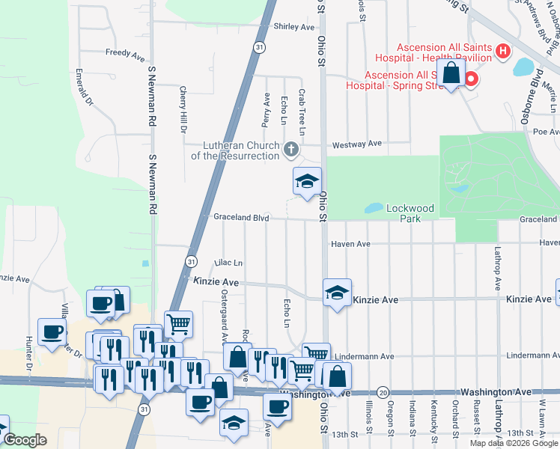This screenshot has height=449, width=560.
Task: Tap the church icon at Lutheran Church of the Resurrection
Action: click(x=291, y=150)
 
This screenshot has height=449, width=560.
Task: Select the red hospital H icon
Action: click(x=503, y=52)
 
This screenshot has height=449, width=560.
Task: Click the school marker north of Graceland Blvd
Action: click(x=306, y=182)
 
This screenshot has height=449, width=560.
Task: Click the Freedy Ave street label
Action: click(x=125, y=54)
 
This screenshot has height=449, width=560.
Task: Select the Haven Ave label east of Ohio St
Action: click(x=351, y=244)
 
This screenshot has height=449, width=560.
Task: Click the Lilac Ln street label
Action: click(x=228, y=263)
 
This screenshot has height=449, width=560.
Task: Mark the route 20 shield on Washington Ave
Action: click(x=383, y=392)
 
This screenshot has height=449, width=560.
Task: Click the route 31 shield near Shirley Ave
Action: click(x=258, y=46)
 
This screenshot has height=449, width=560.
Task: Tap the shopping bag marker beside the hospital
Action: click(x=451, y=74)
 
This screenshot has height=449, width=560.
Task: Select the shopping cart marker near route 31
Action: click(x=178, y=323)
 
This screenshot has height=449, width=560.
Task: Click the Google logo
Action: click(x=25, y=440)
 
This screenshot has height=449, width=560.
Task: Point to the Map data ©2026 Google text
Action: click(x=513, y=443)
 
